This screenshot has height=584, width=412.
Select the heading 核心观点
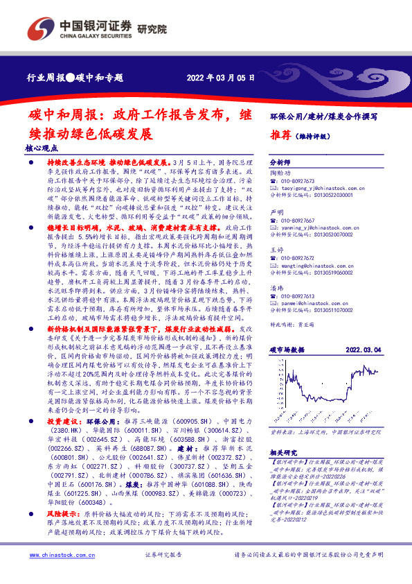(x=41, y=148)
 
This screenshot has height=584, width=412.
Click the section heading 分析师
(x=280, y=159)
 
